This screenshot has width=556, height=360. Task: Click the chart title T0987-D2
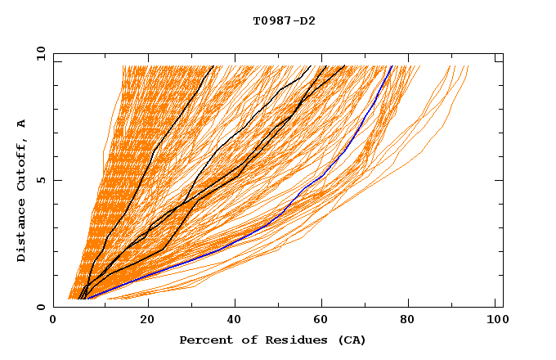284,20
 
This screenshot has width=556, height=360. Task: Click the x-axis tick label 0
53,322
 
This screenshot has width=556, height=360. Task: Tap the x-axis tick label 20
146,322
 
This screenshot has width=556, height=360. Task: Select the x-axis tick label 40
235,322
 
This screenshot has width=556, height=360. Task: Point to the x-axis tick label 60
323,322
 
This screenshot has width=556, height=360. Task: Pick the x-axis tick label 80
411,322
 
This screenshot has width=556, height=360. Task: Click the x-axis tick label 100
496,322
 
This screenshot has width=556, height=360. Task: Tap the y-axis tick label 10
40,53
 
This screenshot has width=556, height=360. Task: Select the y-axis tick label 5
43,180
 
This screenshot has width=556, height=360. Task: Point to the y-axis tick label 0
43,307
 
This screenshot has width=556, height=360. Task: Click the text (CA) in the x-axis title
352,340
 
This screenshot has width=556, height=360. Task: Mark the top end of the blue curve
392,65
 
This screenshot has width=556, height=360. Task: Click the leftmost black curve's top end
213,65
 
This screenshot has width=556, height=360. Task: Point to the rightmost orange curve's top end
469,65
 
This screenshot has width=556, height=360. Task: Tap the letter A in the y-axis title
21,124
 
